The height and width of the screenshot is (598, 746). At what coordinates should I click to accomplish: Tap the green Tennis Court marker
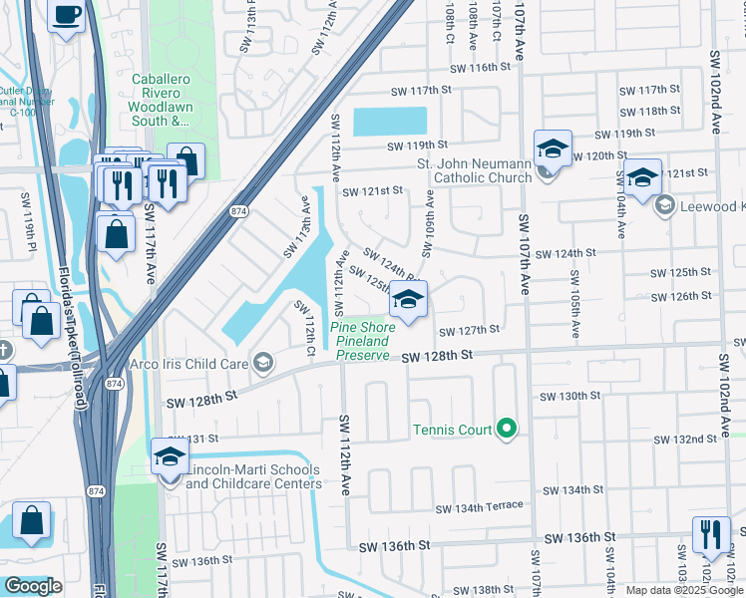(507, 430)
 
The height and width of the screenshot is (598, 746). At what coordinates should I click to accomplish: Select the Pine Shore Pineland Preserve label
(363, 341)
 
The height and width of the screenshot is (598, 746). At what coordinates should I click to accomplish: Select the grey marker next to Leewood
(664, 205)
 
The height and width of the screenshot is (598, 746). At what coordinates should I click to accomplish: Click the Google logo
(33, 585)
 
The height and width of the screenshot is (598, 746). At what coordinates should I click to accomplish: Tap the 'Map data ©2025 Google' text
(683, 590)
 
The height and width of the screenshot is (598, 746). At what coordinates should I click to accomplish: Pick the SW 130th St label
(570, 396)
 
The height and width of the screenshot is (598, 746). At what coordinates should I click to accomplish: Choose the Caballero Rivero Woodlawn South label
(160, 100)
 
